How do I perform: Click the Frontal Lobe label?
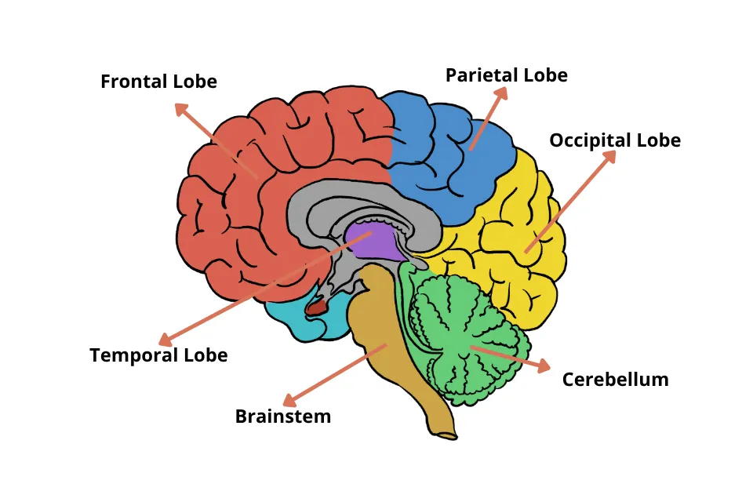pyautogui.click(x=158, y=81)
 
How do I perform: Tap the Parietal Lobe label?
pyautogui.click(x=506, y=75)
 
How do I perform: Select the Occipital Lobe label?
pyautogui.click(x=614, y=140)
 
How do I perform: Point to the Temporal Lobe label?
pyautogui.click(x=158, y=355)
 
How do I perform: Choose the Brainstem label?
pyautogui.click(x=283, y=417)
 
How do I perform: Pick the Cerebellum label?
pyautogui.click(x=615, y=380)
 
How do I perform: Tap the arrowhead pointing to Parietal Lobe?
pyautogui.click(x=502, y=93)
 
